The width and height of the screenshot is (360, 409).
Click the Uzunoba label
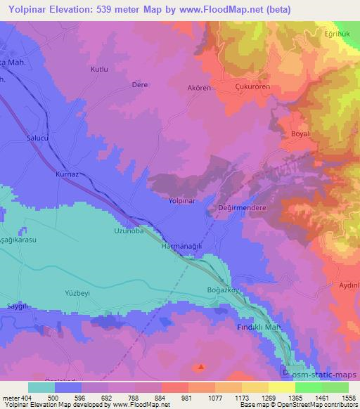click(129, 231)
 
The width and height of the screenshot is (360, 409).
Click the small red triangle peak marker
click(201, 366)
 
